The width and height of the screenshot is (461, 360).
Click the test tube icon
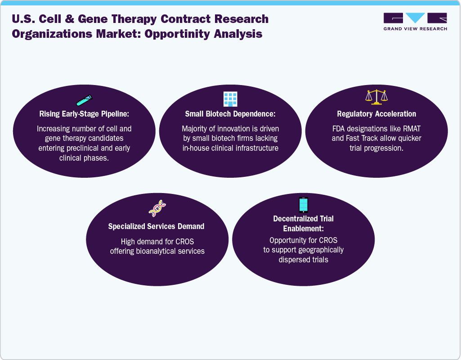click(x=84, y=99)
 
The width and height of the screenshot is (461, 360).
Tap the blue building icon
click(x=230, y=99)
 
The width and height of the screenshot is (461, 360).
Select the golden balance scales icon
click(x=376, y=97)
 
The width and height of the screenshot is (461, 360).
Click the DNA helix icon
click(x=157, y=208)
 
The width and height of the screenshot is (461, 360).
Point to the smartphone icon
click(x=304, y=205)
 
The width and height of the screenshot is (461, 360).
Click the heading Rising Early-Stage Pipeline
click(x=85, y=114)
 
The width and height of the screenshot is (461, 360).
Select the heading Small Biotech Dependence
click(x=230, y=114)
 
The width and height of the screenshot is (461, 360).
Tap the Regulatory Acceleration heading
click(x=376, y=114)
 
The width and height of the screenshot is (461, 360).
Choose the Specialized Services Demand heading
click(x=157, y=226)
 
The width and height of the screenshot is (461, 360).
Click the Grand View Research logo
click(x=415, y=22)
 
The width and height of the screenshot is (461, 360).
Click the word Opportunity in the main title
click(x=183, y=34)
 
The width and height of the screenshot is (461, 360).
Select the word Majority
click(x=196, y=129)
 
